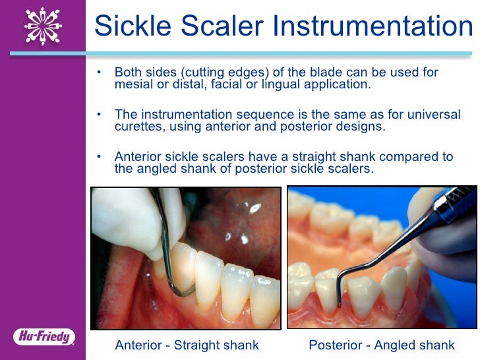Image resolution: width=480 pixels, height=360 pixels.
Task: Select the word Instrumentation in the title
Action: pos(374,26)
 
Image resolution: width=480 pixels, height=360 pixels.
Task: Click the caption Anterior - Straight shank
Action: pos(187,345)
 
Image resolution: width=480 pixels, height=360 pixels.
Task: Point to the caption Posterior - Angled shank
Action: pos(382,345)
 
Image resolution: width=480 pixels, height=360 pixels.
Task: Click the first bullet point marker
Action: pos(99,72)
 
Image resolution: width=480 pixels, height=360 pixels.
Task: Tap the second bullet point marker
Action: pos(99,114)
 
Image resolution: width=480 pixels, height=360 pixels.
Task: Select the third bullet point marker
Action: pos(99,156)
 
